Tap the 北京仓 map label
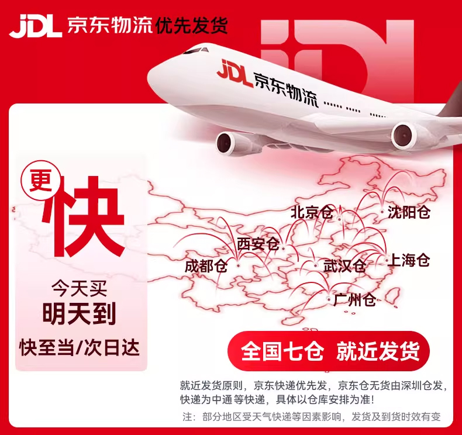312,212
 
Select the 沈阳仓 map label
409,212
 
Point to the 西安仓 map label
258,244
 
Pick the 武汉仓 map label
344,266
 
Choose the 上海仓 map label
409,260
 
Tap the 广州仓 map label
354,301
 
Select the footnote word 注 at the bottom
187,417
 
